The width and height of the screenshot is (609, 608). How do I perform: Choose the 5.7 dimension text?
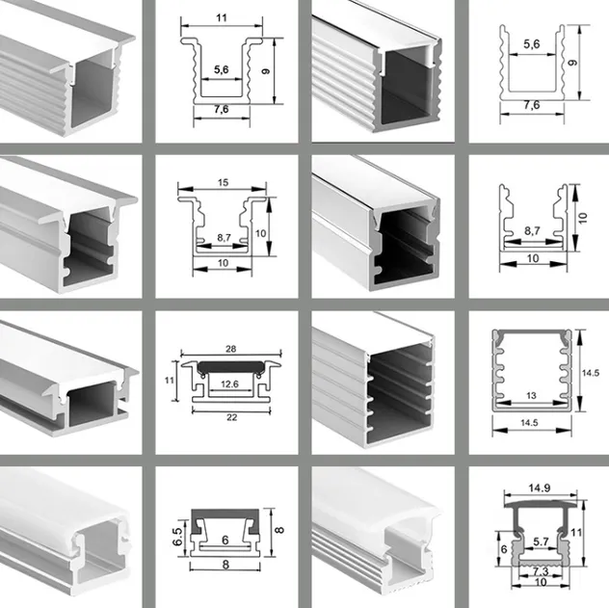pyautogui.click(x=542, y=542)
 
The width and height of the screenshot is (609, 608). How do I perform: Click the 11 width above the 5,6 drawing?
pyautogui.click(x=222, y=17)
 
